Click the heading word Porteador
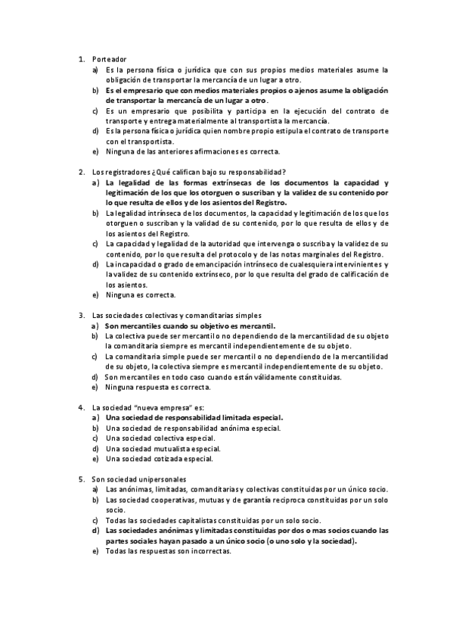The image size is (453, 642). tap(108, 58)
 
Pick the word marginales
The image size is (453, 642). tap(325, 254)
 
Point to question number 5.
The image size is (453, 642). tap(81, 479)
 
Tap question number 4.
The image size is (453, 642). tap(81, 407)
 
